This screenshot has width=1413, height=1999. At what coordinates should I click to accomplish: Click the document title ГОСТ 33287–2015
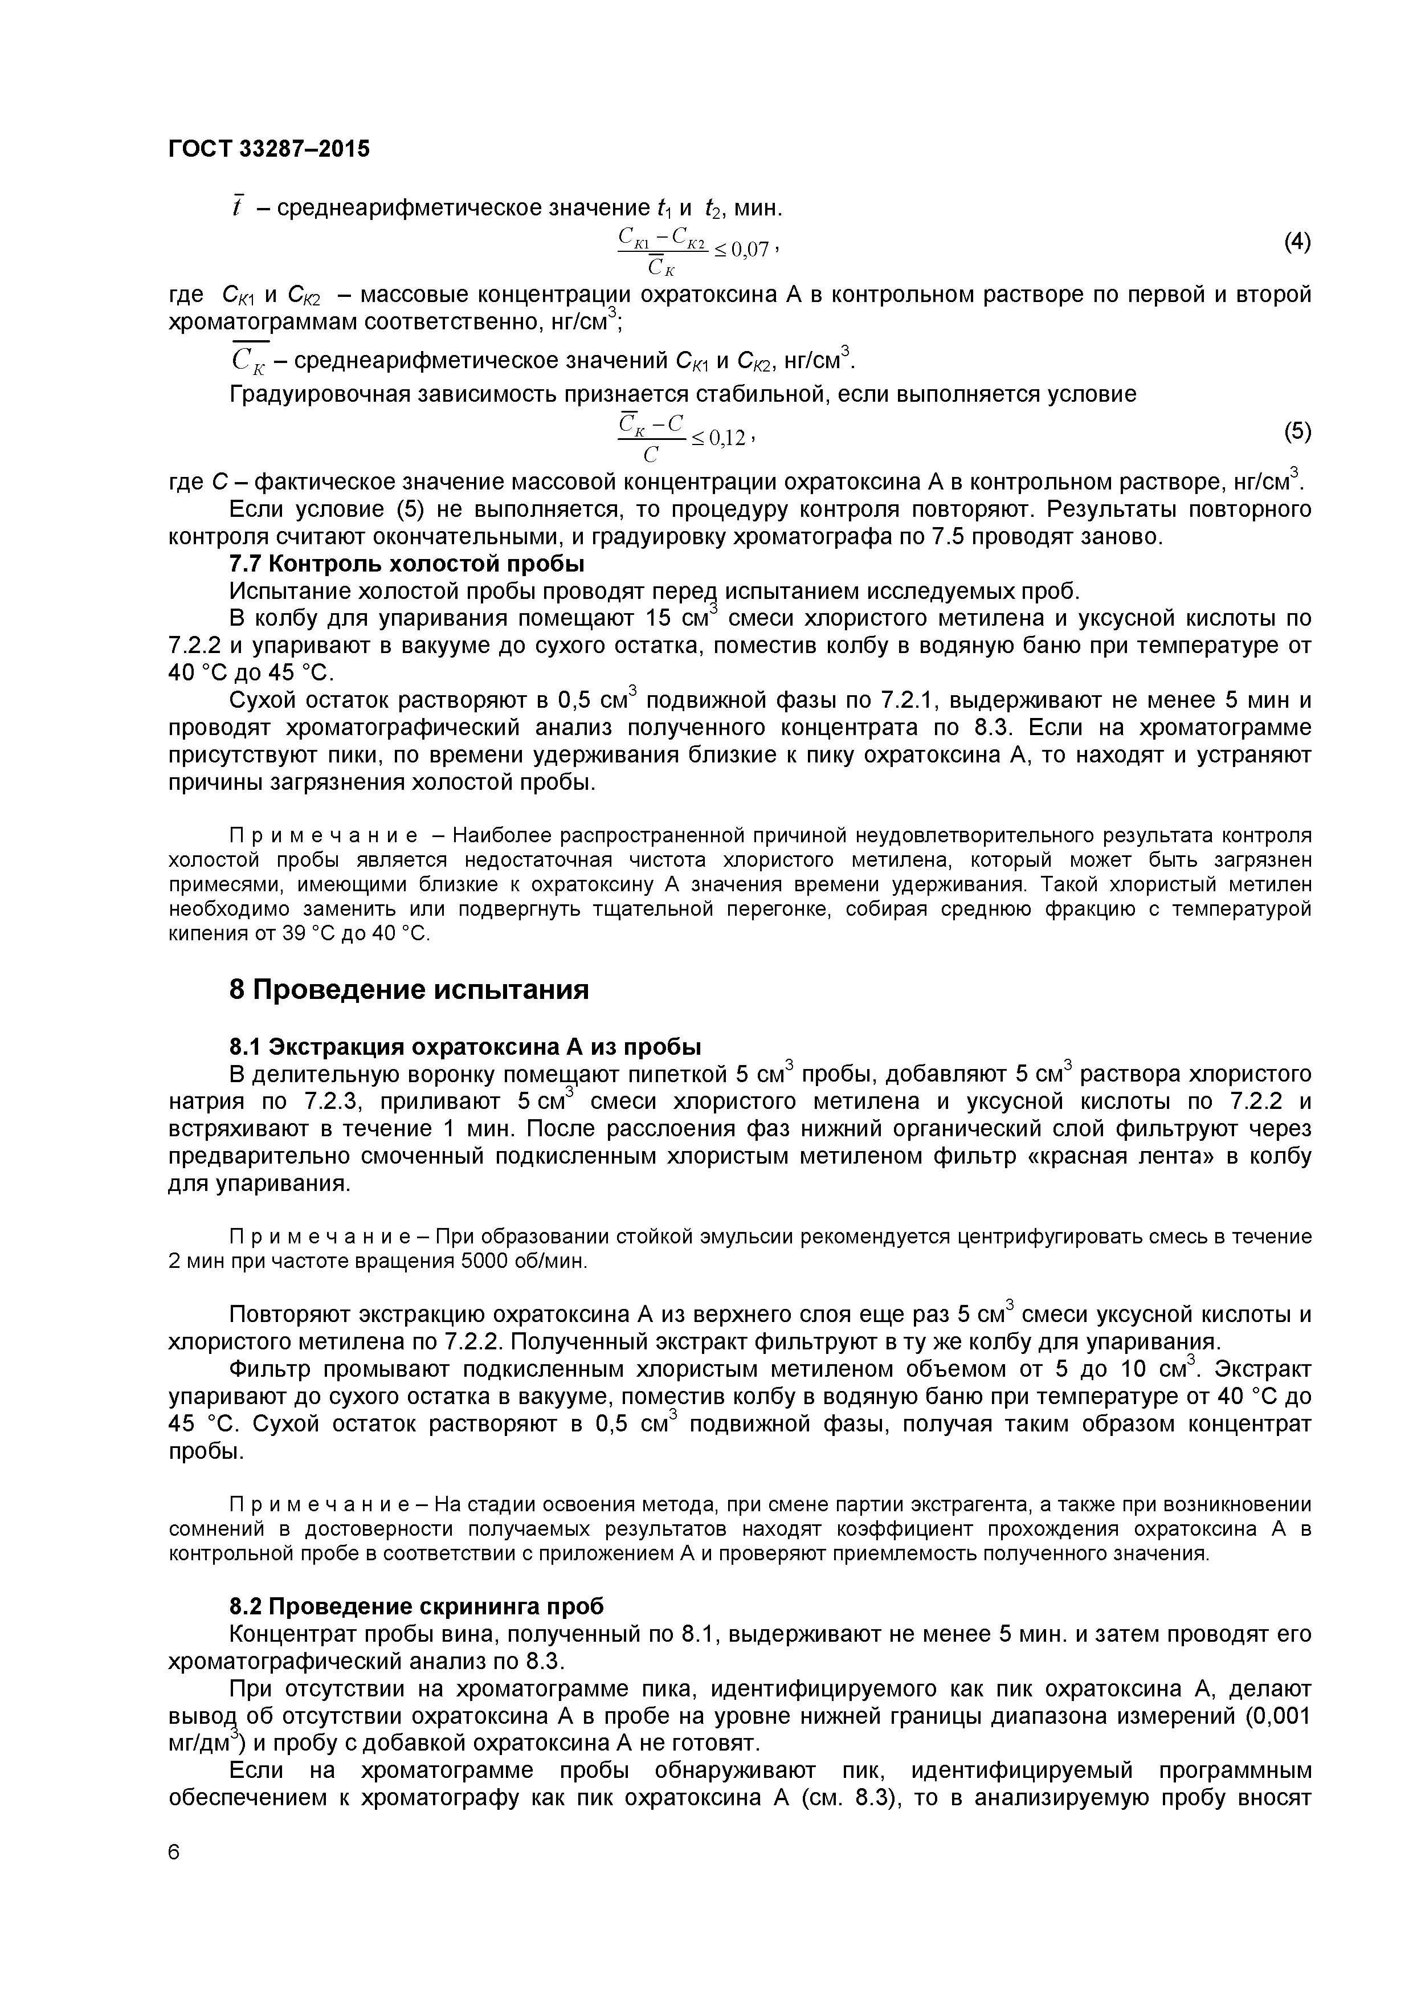click(x=268, y=149)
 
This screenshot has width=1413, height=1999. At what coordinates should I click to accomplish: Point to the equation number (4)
click(x=1297, y=242)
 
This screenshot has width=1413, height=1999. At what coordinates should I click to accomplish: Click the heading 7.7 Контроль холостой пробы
click(x=407, y=564)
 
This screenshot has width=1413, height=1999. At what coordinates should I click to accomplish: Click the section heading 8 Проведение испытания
click(x=409, y=990)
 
